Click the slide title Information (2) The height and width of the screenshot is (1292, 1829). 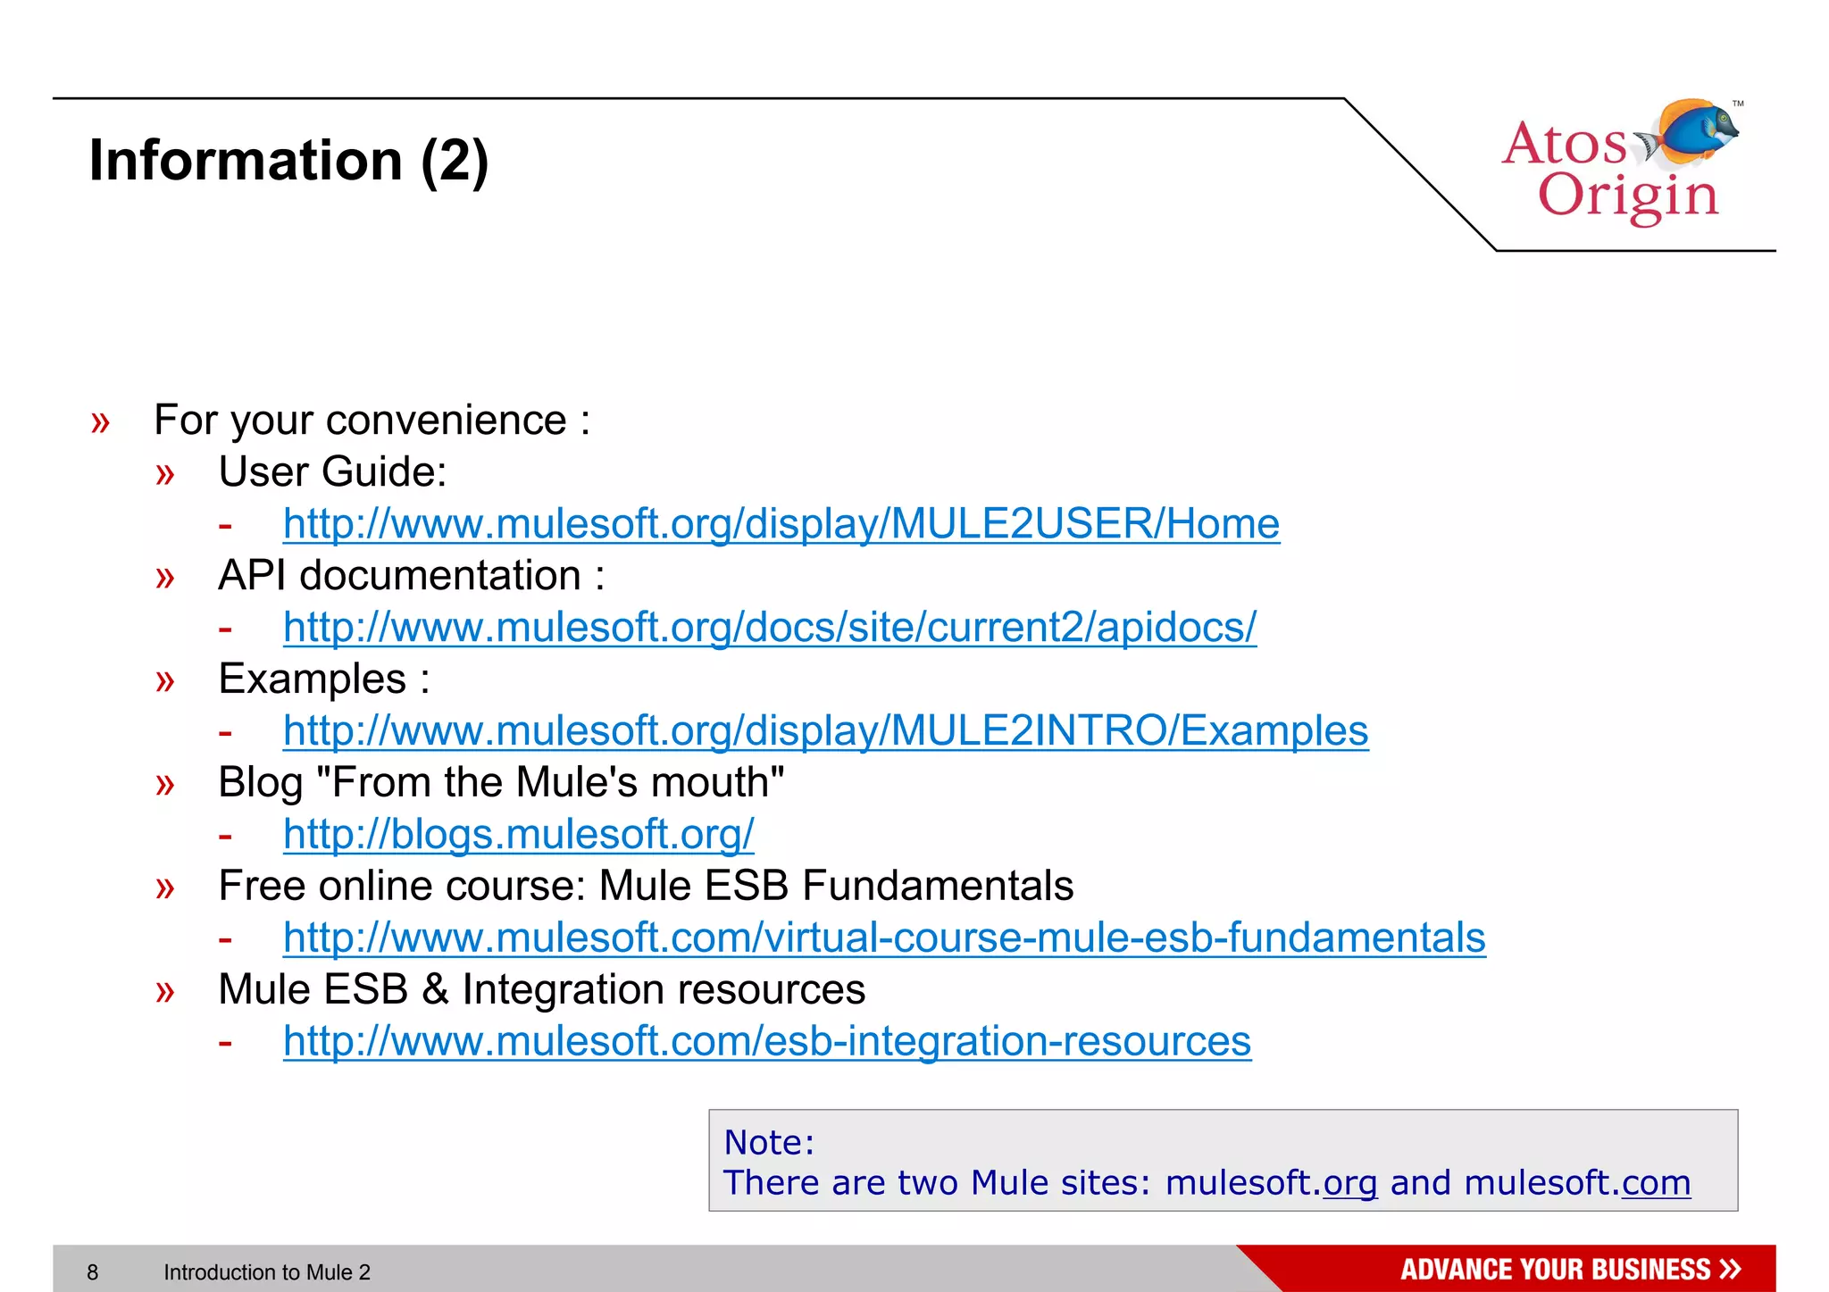[288, 161]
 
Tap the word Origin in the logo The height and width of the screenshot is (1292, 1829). [1627, 196]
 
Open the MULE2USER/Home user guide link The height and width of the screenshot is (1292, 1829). [781, 524]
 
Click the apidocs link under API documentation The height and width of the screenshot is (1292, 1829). [769, 628]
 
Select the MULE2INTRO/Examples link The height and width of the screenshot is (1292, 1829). [825, 731]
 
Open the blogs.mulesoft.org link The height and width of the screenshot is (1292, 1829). [518, 835]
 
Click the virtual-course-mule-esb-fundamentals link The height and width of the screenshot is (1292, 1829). [884, 938]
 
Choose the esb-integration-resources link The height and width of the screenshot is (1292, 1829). [766, 1042]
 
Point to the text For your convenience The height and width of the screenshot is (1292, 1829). [371, 421]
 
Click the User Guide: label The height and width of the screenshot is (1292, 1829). [332, 472]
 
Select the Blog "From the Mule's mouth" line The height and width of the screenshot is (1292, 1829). [500, 783]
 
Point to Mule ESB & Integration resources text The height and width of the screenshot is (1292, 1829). [541, 990]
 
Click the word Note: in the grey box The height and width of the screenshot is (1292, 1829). [769, 1143]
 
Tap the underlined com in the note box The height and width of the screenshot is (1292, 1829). [1656, 1183]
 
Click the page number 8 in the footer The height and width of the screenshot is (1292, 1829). [93, 1272]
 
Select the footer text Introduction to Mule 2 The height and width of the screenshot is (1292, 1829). [266, 1272]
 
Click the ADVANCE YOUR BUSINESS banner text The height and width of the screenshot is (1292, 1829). [1556, 1270]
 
